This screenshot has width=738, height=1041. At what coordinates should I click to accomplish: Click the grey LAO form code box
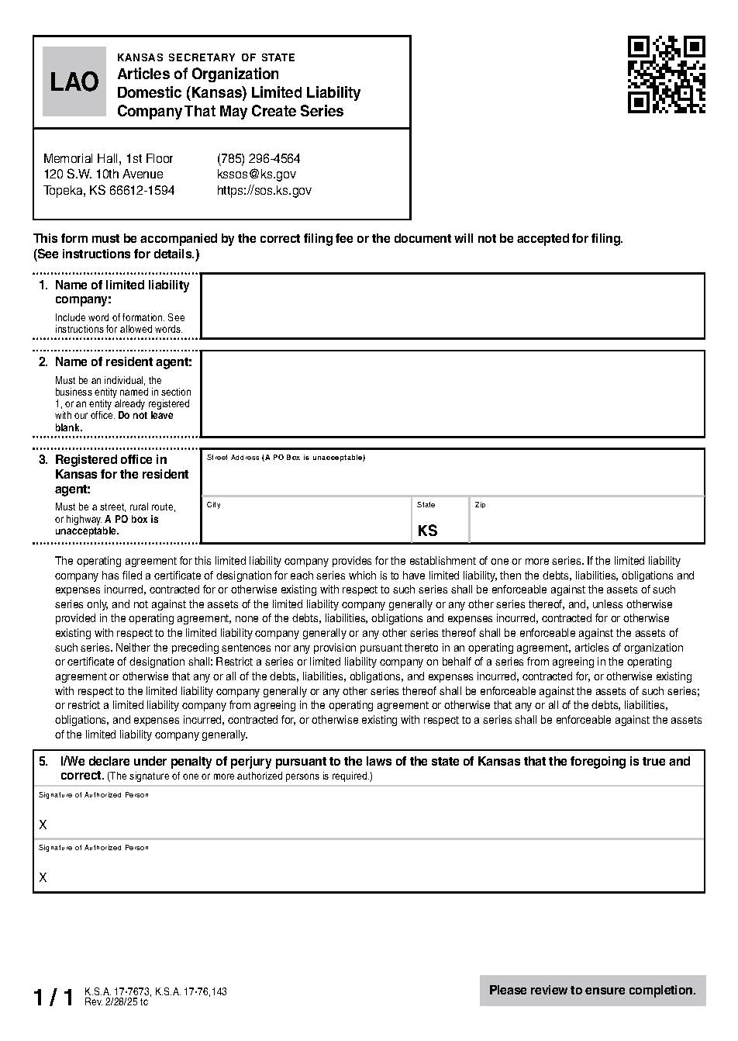point(74,81)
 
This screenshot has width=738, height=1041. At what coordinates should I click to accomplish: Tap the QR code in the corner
point(666,74)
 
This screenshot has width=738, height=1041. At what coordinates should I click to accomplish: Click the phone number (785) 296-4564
point(258,158)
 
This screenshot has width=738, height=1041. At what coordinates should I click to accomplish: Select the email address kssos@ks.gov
point(256,175)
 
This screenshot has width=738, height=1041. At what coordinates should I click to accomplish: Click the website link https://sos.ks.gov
point(264,191)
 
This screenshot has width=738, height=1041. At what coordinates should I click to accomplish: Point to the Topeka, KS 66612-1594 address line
point(109,191)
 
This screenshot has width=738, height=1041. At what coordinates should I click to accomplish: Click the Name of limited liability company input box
point(452,306)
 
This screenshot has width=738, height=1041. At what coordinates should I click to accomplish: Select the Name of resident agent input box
point(452,393)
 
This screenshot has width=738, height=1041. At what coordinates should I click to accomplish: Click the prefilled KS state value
point(427,531)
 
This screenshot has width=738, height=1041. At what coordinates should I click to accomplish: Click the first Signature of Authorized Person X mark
point(43,825)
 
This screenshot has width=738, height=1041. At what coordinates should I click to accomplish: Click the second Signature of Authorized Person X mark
point(43,877)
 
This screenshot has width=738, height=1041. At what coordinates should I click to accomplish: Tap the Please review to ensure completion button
point(592,991)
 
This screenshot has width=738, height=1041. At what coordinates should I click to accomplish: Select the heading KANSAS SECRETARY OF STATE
point(205,57)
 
